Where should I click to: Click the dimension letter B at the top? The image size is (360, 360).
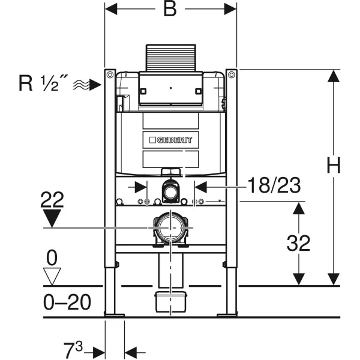tap(170, 10)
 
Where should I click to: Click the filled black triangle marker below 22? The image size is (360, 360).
tap(53, 218)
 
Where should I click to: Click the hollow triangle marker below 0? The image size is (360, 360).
tap(53, 275)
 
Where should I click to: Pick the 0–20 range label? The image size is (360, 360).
tap(67, 302)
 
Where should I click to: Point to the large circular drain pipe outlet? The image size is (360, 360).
tap(171, 227)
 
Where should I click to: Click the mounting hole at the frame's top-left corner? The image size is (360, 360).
tap(110, 74)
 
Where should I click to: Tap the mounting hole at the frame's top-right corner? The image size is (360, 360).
tap(231, 74)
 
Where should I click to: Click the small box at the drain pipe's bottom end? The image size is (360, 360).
tap(170, 302)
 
